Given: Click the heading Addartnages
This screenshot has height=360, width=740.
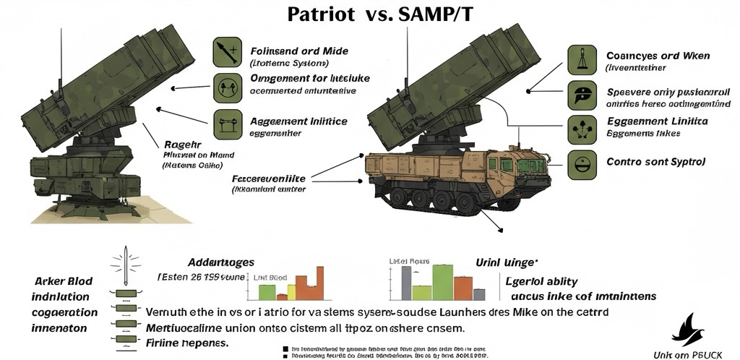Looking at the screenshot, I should (220, 262).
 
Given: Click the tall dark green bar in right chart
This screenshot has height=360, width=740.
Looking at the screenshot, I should (442, 282).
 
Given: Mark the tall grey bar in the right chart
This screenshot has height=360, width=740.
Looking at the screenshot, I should (407, 283).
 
